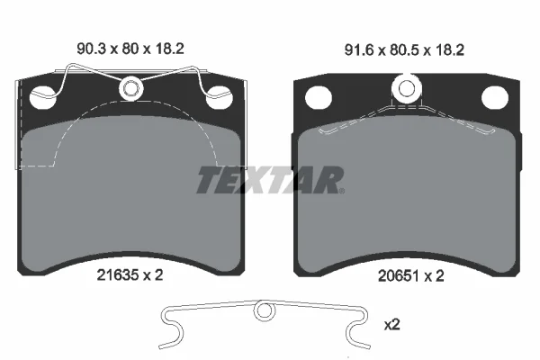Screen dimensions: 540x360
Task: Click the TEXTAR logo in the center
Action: click(x=270, y=180)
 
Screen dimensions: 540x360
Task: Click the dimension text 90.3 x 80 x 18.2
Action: click(x=130, y=49)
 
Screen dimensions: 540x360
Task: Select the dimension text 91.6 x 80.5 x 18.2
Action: click(x=404, y=50)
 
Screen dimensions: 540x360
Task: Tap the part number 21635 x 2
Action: click(x=130, y=275)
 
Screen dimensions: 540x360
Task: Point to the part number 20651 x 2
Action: click(x=411, y=276)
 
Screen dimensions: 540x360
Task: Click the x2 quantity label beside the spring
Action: click(x=391, y=324)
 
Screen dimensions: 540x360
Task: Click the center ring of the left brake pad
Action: click(x=131, y=88)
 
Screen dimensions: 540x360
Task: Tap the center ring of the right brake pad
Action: click(x=407, y=88)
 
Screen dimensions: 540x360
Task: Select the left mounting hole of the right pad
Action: click(x=319, y=97)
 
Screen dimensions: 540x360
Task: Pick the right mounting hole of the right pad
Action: click(x=494, y=97)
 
